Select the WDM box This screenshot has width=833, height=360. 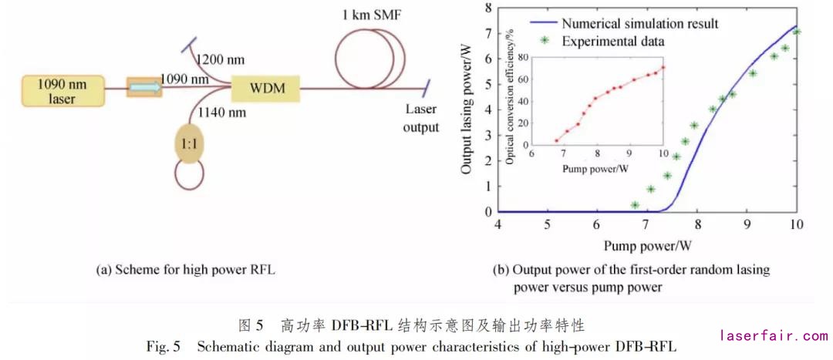pos(267,89)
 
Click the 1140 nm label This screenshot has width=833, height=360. pos(221,113)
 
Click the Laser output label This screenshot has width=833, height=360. pos(420,119)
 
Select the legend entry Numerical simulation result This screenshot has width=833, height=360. pos(640,23)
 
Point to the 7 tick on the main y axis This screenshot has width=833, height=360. pos(486,33)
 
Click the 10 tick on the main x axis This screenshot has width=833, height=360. pos(796,224)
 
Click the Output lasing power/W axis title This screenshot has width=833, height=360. pos(467,109)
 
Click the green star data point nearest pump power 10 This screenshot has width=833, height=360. pos(797,32)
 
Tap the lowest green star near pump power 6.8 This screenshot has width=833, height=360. pos(635,205)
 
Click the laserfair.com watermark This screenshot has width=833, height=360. pos(773,335)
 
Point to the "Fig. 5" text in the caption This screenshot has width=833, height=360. pos(163,346)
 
